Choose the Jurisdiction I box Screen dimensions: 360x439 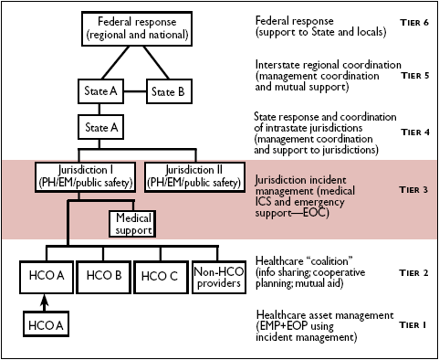click(x=87, y=175)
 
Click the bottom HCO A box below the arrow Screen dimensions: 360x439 click(x=46, y=324)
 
